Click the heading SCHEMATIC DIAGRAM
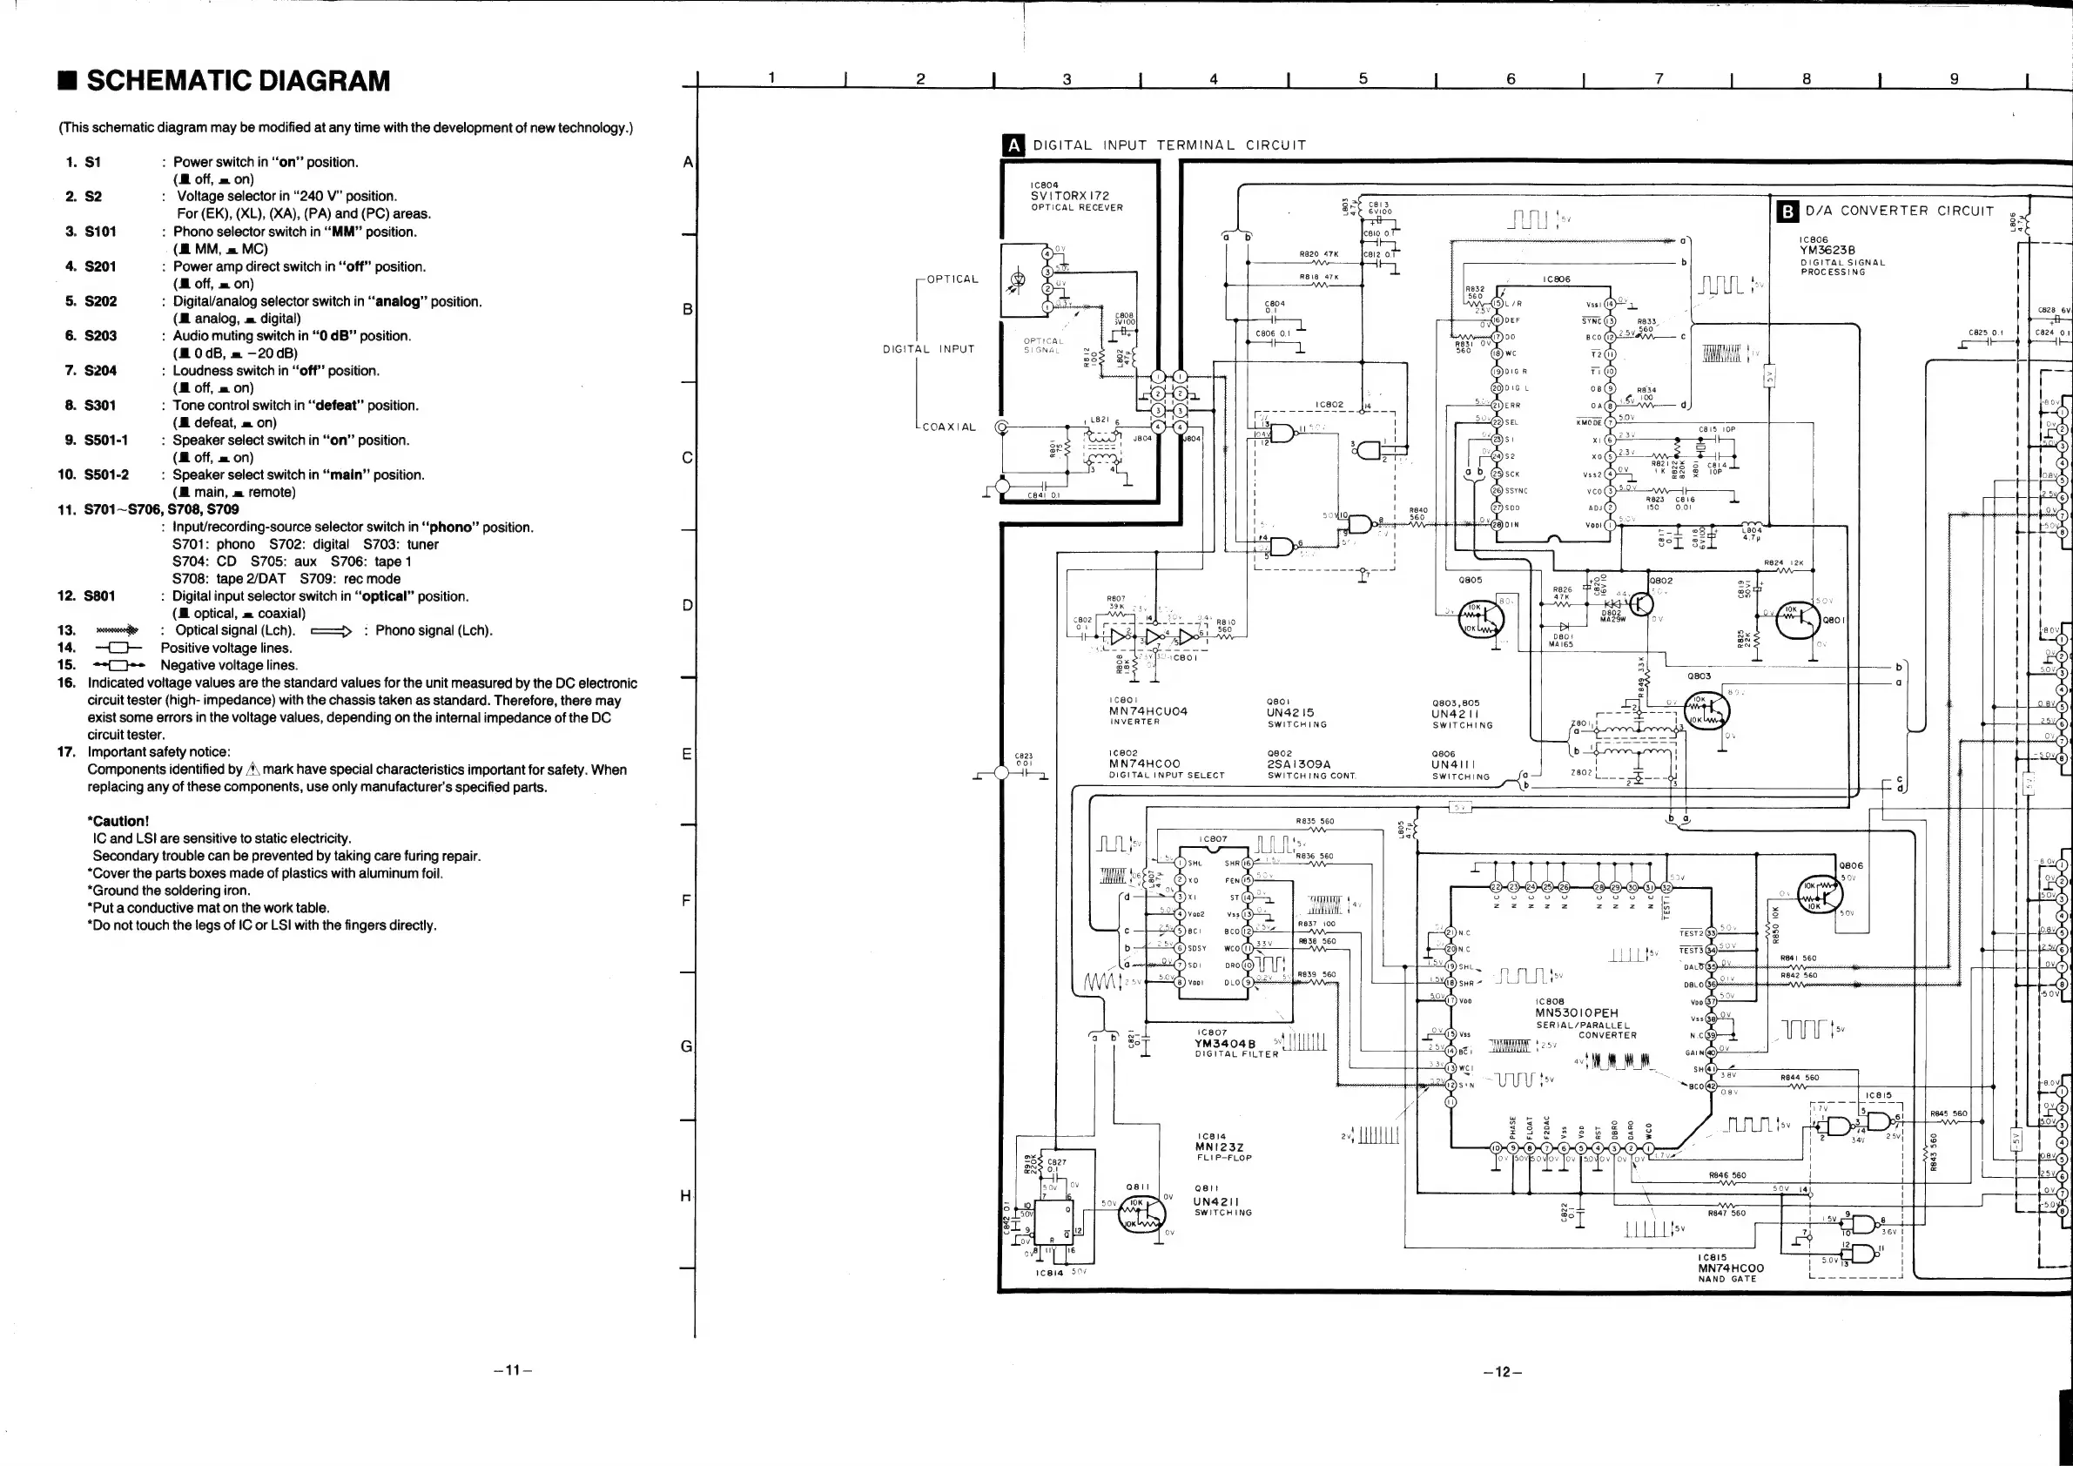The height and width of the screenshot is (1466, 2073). click(238, 81)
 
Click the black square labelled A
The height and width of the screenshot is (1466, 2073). click(1014, 145)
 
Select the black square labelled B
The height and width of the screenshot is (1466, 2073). click(1787, 212)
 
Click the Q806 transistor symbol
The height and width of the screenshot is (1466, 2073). click(1819, 895)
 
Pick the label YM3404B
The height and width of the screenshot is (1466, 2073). click(1224, 1044)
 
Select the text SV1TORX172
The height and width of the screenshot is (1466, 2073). click(1070, 196)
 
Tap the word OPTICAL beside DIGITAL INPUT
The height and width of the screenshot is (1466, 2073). click(952, 279)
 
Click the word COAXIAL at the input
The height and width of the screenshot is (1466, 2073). click(949, 427)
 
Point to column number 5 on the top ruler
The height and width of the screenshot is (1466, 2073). click(1363, 79)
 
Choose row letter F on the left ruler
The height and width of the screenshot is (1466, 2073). click(687, 900)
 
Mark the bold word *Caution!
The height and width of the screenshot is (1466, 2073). click(118, 822)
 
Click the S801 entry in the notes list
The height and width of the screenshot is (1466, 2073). click(99, 596)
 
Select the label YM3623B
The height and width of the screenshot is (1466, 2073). click(1827, 251)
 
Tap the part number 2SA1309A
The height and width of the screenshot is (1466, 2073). click(1299, 763)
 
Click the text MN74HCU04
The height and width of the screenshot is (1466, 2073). click(1148, 711)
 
